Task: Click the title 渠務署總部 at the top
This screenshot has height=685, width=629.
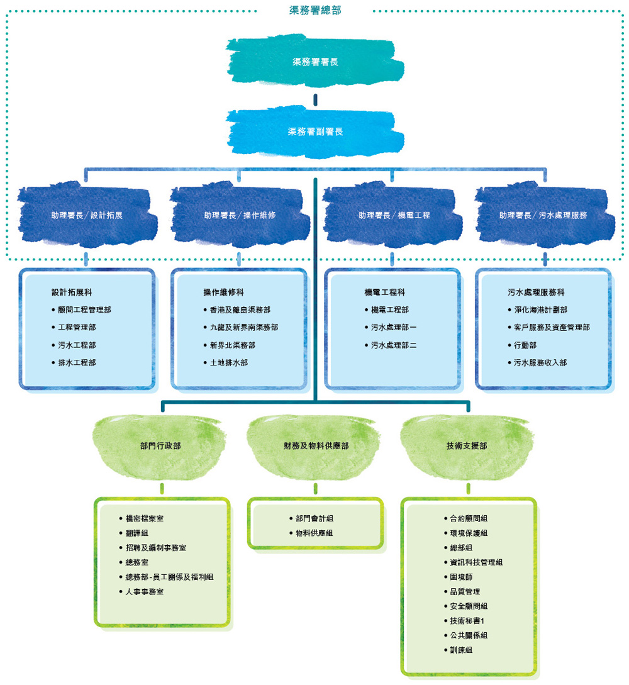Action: pos(315,10)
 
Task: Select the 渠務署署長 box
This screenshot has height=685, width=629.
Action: pos(315,62)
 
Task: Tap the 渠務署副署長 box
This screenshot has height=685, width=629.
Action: pos(315,131)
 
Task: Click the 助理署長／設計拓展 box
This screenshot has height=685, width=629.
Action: pos(87,215)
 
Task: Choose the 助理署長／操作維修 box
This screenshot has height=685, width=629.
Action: pos(239,215)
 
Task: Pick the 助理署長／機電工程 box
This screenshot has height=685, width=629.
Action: pos(394,215)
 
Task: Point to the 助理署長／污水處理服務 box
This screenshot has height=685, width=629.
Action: pos(543,215)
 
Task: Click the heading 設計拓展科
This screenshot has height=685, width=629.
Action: pos(72,292)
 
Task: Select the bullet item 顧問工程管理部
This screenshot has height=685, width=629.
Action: pos(84,310)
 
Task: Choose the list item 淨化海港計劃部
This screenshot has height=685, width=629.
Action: pos(540,310)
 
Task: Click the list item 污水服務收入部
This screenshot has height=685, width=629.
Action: pos(540,363)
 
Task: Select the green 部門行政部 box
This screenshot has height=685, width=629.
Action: pos(160,445)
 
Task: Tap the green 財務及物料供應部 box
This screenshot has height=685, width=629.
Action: pos(316,445)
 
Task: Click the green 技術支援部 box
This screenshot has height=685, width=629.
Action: pos(467,445)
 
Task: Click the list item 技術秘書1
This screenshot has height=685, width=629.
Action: pos(467,621)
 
